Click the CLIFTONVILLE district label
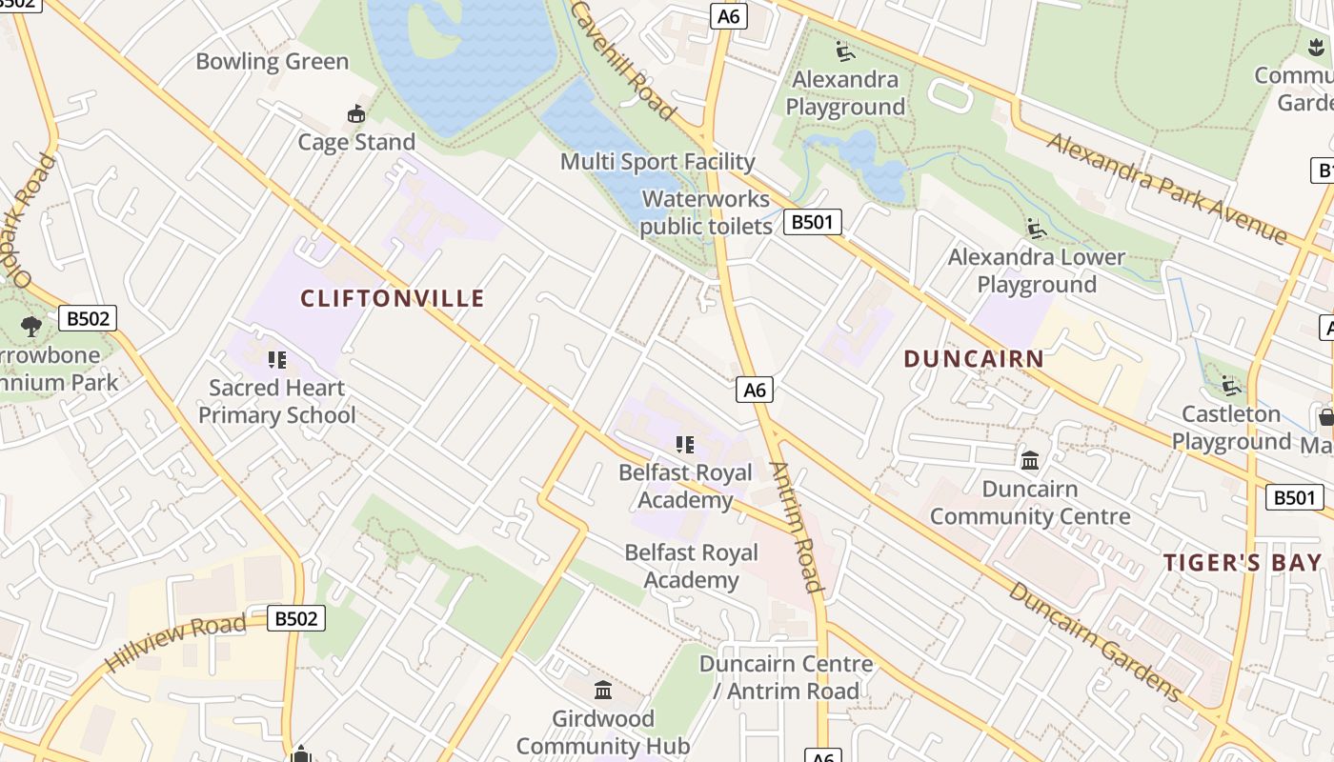pyautogui.click(x=393, y=299)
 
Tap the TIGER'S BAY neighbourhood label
pyautogui.click(x=1242, y=563)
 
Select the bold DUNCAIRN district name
pyautogui.click(x=973, y=359)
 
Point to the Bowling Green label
pyautogui.click(x=272, y=62)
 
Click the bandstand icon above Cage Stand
pyautogui.click(x=356, y=114)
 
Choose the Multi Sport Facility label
pyautogui.click(x=657, y=162)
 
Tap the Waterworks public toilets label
pyautogui.click(x=706, y=212)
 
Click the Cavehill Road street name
pyautogui.click(x=623, y=59)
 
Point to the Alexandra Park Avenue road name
pyautogui.click(x=1166, y=188)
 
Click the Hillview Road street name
pyautogui.click(x=175, y=643)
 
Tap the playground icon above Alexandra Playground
pyautogui.click(x=844, y=50)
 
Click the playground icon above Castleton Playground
pyautogui.click(x=1231, y=386)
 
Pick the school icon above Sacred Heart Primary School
pyautogui.click(x=277, y=360)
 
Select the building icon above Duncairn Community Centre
pyautogui.click(x=1030, y=461)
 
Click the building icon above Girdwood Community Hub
pyautogui.click(x=602, y=690)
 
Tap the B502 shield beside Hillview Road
pyautogui.click(x=295, y=618)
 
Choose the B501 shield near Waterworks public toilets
pyautogui.click(x=813, y=223)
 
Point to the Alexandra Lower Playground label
pyautogui.click(x=1036, y=271)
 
